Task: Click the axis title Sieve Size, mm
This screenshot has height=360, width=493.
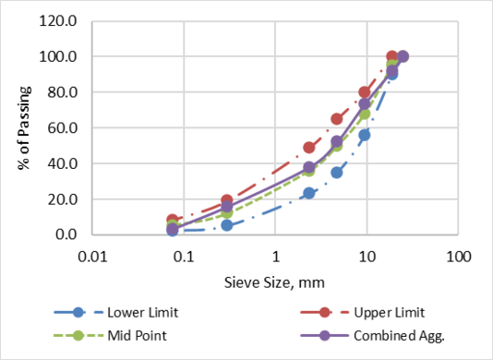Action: click(274, 280)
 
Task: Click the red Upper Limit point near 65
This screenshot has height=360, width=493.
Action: click(337, 119)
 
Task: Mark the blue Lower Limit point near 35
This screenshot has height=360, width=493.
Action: click(337, 173)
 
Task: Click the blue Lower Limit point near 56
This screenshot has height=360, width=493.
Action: click(365, 135)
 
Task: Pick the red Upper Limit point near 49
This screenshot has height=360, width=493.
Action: click(309, 148)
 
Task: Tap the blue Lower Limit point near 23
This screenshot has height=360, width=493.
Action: click(309, 193)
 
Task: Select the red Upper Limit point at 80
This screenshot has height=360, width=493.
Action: click(365, 92)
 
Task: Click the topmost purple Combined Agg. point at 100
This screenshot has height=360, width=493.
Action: click(402, 56)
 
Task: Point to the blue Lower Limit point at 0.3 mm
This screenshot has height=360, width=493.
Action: click(227, 225)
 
